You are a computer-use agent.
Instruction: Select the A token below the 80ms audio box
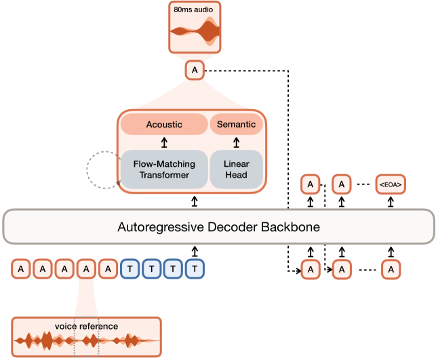[195, 71]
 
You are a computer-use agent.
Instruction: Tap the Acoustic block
[163, 124]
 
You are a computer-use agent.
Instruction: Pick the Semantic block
[237, 124]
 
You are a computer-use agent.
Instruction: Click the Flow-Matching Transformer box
[163, 169]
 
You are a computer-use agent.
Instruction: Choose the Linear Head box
[237, 169]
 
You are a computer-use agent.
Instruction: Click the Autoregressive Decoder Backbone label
[218, 226]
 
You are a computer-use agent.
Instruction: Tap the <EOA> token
[391, 184]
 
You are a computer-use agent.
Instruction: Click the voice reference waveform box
[87, 337]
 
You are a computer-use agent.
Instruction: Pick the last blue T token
[195, 270]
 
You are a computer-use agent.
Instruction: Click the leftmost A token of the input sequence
[21, 270]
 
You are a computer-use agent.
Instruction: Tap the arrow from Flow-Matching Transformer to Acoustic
[163, 142]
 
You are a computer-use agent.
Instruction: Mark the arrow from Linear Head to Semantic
[237, 142]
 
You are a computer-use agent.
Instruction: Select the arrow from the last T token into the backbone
[195, 252]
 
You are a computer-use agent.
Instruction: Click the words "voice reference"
[87, 326]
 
